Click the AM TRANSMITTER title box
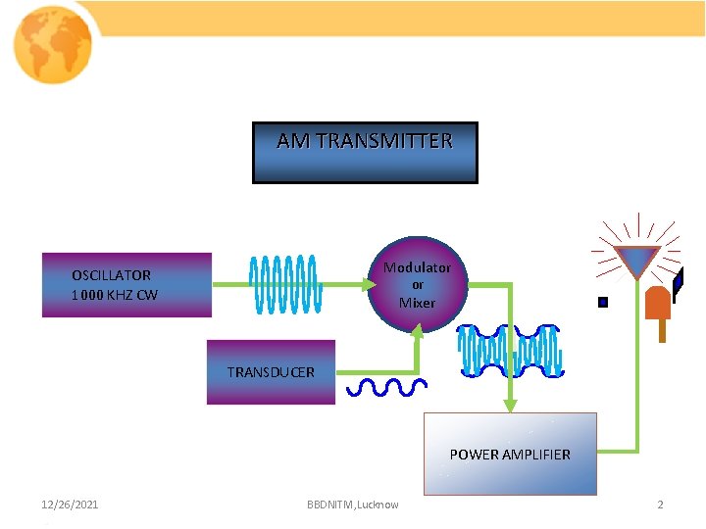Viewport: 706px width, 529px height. pyautogui.click(x=365, y=153)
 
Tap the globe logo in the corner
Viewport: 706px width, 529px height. pyautogui.click(x=53, y=45)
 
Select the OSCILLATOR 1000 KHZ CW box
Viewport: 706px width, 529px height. pyautogui.click(x=126, y=285)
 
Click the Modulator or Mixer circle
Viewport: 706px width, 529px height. pyautogui.click(x=417, y=285)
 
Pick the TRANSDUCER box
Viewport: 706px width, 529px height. pyautogui.click(x=271, y=372)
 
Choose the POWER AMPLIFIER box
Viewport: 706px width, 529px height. pyautogui.click(x=510, y=454)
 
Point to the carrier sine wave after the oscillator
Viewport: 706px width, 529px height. pyautogui.click(x=284, y=284)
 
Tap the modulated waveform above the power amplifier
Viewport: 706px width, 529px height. pyautogui.click(x=509, y=351)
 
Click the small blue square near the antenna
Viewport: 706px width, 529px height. pyautogui.click(x=603, y=303)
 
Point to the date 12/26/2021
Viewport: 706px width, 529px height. pyautogui.click(x=70, y=505)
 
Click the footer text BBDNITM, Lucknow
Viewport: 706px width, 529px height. pyautogui.click(x=353, y=505)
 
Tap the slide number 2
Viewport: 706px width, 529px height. pyautogui.click(x=660, y=505)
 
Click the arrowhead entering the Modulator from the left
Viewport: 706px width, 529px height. pyautogui.click(x=370, y=285)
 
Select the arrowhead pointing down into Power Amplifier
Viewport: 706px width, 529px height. pyautogui.click(x=511, y=406)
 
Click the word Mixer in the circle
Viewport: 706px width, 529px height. pyautogui.click(x=417, y=303)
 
